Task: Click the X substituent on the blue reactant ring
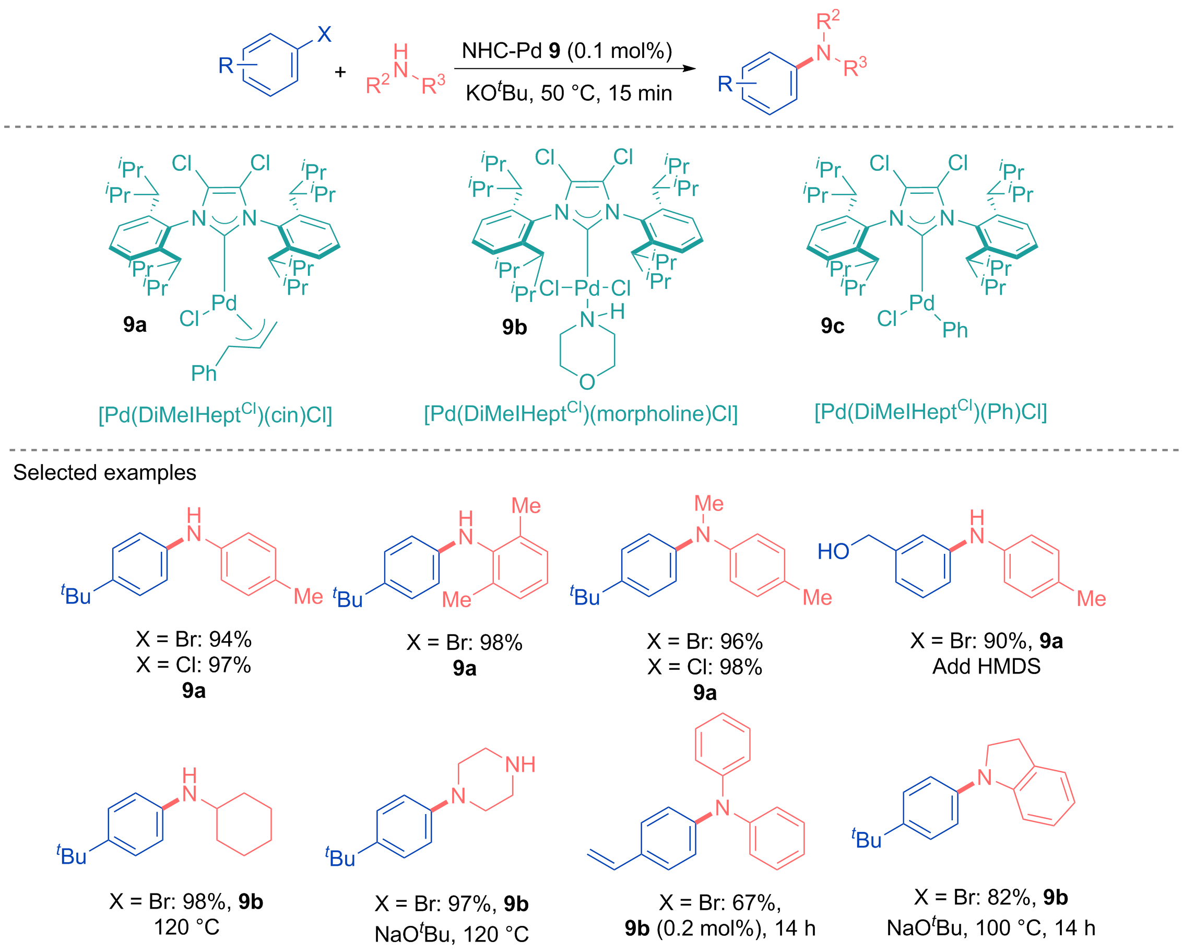coord(324,34)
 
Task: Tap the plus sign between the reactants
coord(340,72)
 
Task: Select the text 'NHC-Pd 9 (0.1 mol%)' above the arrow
coord(567,51)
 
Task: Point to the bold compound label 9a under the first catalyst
coord(135,324)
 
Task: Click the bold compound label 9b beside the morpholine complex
coord(514,327)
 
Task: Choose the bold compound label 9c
coord(832,326)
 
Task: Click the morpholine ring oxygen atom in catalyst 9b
coord(587,381)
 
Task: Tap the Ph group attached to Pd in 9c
coord(955,330)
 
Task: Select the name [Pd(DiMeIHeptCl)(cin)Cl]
coord(215,414)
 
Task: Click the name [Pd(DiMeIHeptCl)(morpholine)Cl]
coord(581,413)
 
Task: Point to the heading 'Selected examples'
coord(104,472)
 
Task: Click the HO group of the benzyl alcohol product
coord(833,551)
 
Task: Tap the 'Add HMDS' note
coord(987,667)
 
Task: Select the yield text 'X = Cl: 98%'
coord(705,667)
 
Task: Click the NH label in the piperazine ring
coord(520,765)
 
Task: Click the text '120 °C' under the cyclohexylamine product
coord(186,927)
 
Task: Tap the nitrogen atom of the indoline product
coord(985,777)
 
